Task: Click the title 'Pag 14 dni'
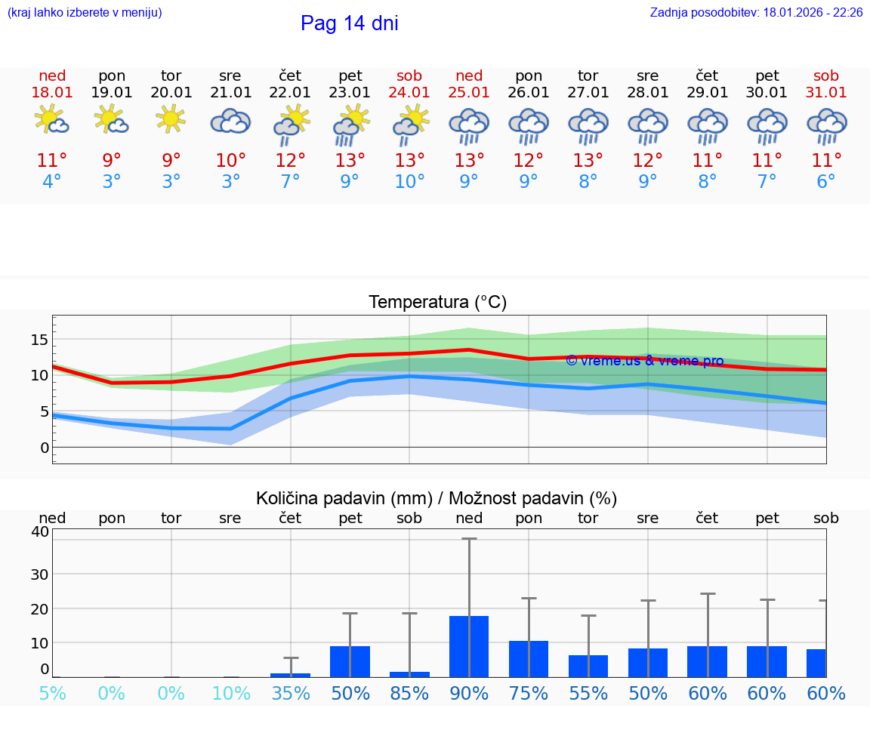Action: click(349, 23)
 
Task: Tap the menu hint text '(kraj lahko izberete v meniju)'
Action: click(84, 12)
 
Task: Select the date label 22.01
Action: click(290, 92)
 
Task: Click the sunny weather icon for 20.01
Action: click(171, 119)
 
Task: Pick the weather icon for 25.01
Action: click(469, 126)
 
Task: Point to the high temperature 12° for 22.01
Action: click(290, 161)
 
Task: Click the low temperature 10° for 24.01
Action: click(409, 182)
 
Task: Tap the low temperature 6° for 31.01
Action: click(826, 182)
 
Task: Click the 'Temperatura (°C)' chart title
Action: click(437, 303)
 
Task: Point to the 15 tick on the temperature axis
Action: click(39, 340)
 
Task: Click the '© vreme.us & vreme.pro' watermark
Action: click(644, 361)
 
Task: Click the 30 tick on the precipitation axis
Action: click(39, 574)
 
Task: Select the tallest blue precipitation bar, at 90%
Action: click(469, 646)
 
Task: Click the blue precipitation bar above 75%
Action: click(529, 658)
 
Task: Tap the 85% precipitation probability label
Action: click(409, 693)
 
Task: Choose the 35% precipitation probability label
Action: click(290, 693)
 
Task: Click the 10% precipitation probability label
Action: click(230, 693)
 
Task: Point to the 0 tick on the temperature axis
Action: click(44, 448)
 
